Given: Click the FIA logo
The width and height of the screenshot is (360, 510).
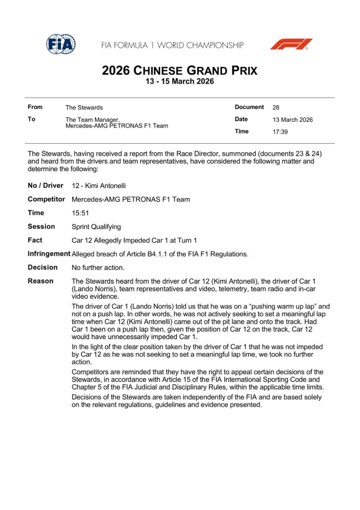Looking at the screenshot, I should coord(61,44).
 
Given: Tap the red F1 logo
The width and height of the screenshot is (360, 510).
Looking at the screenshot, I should coord(291,44).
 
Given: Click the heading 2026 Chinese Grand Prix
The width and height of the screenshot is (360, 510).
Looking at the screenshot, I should coord(180,70).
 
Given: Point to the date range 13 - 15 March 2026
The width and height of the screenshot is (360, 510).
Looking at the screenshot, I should coord(180,81).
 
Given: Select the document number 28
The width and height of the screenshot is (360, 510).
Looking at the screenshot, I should coord(276,108).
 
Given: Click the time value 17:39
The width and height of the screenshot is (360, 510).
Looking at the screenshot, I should coord(280,132).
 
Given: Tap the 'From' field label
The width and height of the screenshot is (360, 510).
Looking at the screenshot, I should coord(35,107).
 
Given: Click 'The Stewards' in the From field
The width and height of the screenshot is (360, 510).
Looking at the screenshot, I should coord(84,108).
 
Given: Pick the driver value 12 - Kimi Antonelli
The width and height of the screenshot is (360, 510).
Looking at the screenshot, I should coord(98,186).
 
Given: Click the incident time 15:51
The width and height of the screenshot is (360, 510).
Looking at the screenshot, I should coord(80,213).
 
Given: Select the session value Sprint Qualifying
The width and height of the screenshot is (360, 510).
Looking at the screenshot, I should coord(96,227).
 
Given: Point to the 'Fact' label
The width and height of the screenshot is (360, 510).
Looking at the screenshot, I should coord(35,240).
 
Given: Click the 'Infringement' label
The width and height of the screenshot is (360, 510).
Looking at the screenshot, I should coord(49,254).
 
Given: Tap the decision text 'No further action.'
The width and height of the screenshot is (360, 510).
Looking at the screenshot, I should coord(98,268).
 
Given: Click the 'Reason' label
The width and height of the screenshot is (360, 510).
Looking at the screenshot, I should coord(40,281).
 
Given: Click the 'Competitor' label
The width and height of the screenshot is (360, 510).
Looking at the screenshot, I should coord(46,199).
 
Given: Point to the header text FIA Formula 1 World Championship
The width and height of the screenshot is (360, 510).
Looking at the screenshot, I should coord(172,45).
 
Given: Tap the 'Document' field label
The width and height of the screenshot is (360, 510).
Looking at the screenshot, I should coord(249,107).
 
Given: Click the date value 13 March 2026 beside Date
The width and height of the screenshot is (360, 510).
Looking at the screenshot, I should coord(292,120).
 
